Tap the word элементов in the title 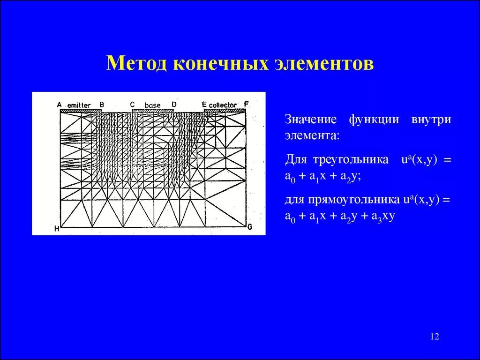click(x=324, y=63)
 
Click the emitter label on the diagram click(x=79, y=105)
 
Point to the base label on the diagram click(x=152, y=105)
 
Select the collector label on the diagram click(x=223, y=105)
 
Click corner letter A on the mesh click(x=60, y=105)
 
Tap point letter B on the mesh click(x=102, y=105)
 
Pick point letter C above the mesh click(x=132, y=104)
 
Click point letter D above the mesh click(x=174, y=104)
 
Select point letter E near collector click(x=204, y=104)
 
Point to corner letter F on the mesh click(x=246, y=104)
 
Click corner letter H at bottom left click(x=57, y=229)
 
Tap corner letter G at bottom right click(x=250, y=227)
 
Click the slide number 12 click(x=434, y=337)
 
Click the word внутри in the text click(x=431, y=120)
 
